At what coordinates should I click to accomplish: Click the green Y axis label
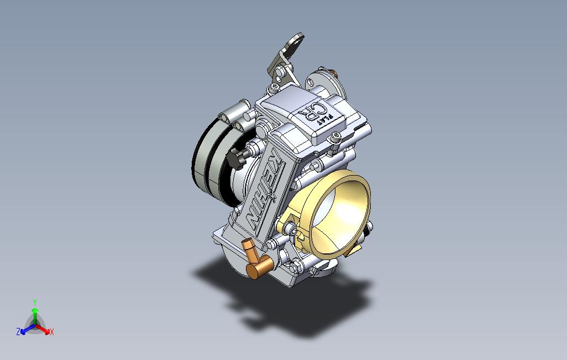(34, 302)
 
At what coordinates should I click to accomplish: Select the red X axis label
(51, 332)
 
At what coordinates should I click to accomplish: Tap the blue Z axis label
(18, 332)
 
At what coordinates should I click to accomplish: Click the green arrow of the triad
(34, 313)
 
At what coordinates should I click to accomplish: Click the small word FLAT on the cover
(328, 118)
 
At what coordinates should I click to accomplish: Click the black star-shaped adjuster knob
(238, 158)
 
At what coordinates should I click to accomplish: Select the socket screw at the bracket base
(275, 87)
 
